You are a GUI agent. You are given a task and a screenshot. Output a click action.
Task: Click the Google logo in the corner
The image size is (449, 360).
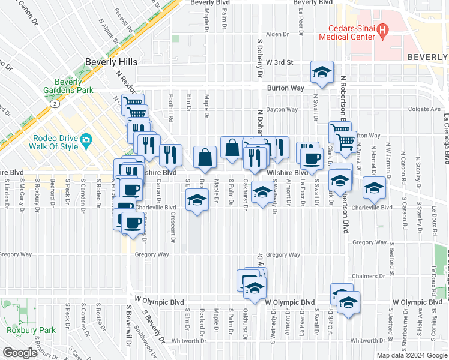tap(20, 353)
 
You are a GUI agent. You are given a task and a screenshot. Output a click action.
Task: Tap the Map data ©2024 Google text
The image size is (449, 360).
tap(411, 355)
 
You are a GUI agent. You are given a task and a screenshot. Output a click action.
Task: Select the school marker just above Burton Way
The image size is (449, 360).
tap(322, 73)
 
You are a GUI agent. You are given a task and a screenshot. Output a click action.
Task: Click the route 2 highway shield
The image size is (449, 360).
tap(55, 103)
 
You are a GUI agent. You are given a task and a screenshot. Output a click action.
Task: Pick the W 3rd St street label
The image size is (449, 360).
tap(283, 62)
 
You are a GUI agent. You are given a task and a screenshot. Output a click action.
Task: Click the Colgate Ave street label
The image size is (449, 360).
tap(424, 109)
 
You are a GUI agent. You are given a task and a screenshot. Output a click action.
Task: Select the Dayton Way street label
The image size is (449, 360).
tap(282, 109)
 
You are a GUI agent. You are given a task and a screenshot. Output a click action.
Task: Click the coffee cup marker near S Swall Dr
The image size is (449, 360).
tap(311, 159)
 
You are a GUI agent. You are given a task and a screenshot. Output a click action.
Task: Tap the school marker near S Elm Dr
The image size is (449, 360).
tap(196, 201)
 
